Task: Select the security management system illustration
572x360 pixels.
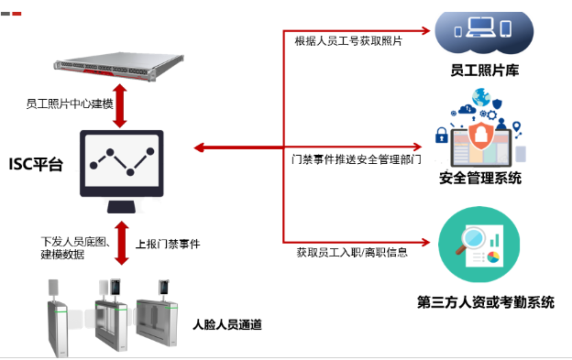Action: coord(479,130)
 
